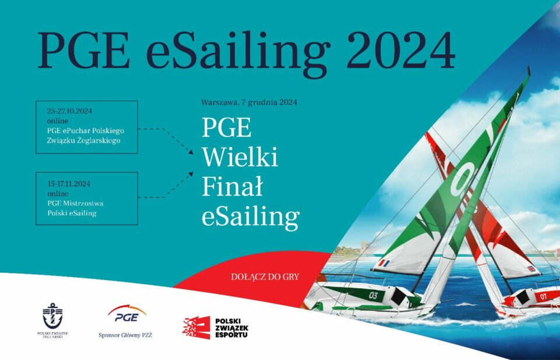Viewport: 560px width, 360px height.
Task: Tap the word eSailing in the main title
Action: [238, 54]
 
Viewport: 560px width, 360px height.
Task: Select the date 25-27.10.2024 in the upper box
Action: [69, 111]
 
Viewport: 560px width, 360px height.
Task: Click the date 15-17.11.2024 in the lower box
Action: [69, 184]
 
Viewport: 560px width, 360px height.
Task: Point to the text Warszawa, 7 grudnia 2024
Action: [249, 103]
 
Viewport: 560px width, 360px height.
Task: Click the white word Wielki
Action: [240, 157]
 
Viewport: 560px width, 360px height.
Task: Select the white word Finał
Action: [232, 187]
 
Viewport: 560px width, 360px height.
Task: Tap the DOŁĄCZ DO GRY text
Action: [265, 277]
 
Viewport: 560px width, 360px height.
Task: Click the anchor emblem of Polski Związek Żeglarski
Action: [52, 316]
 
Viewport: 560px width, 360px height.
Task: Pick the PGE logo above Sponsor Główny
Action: [127, 313]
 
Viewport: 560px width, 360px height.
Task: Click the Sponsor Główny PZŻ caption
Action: [125, 335]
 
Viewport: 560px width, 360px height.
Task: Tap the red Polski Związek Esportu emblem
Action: [196, 327]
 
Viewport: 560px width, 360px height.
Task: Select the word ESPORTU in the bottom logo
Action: [232, 335]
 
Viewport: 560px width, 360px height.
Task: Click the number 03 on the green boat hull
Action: [373, 295]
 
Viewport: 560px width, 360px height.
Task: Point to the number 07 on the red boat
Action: [543, 296]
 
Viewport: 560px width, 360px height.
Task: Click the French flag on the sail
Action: [384, 264]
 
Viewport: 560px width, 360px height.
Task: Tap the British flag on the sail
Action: [532, 268]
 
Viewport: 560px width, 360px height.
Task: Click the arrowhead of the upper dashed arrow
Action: [191, 152]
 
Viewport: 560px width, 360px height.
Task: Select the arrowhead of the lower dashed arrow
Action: [191, 174]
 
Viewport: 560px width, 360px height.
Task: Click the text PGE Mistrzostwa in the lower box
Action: [75, 203]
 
